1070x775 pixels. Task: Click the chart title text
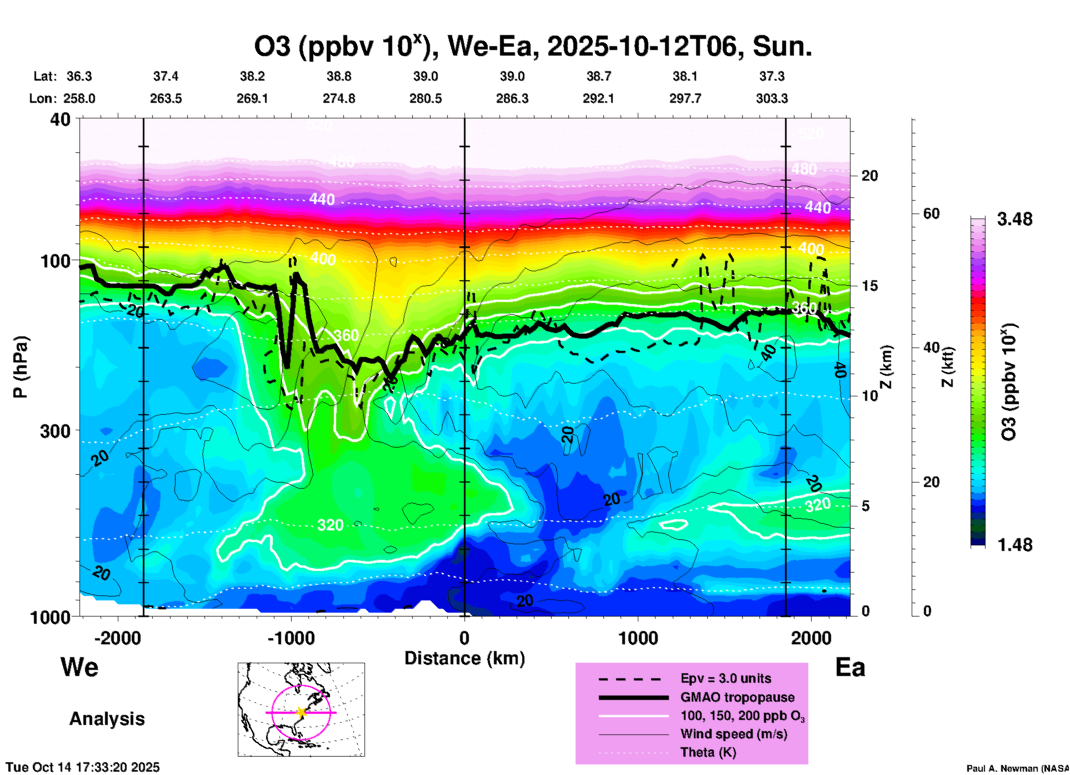[533, 47]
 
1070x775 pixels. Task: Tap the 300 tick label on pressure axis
[56, 431]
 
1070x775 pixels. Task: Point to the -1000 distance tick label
[291, 638]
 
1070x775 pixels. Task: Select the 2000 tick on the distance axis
[811, 638]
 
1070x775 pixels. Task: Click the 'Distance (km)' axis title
[464, 658]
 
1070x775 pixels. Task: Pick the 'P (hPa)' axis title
[21, 367]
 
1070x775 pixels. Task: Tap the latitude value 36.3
[79, 76]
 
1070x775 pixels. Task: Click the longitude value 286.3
[512, 98]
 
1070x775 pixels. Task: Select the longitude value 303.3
[772, 98]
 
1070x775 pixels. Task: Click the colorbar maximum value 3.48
[1014, 220]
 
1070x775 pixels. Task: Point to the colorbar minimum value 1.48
[1014, 545]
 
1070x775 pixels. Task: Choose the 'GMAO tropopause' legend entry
[737, 697]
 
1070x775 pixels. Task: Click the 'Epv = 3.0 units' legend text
[726, 678]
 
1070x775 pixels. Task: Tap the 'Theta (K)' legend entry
[708, 753]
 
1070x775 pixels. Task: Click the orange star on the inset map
[301, 712]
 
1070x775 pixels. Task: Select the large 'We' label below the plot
[79, 667]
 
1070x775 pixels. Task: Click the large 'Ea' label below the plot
[850, 668]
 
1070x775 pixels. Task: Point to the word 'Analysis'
[107, 719]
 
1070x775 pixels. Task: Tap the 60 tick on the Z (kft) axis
[931, 214]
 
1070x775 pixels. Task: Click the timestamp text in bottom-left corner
[83, 767]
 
